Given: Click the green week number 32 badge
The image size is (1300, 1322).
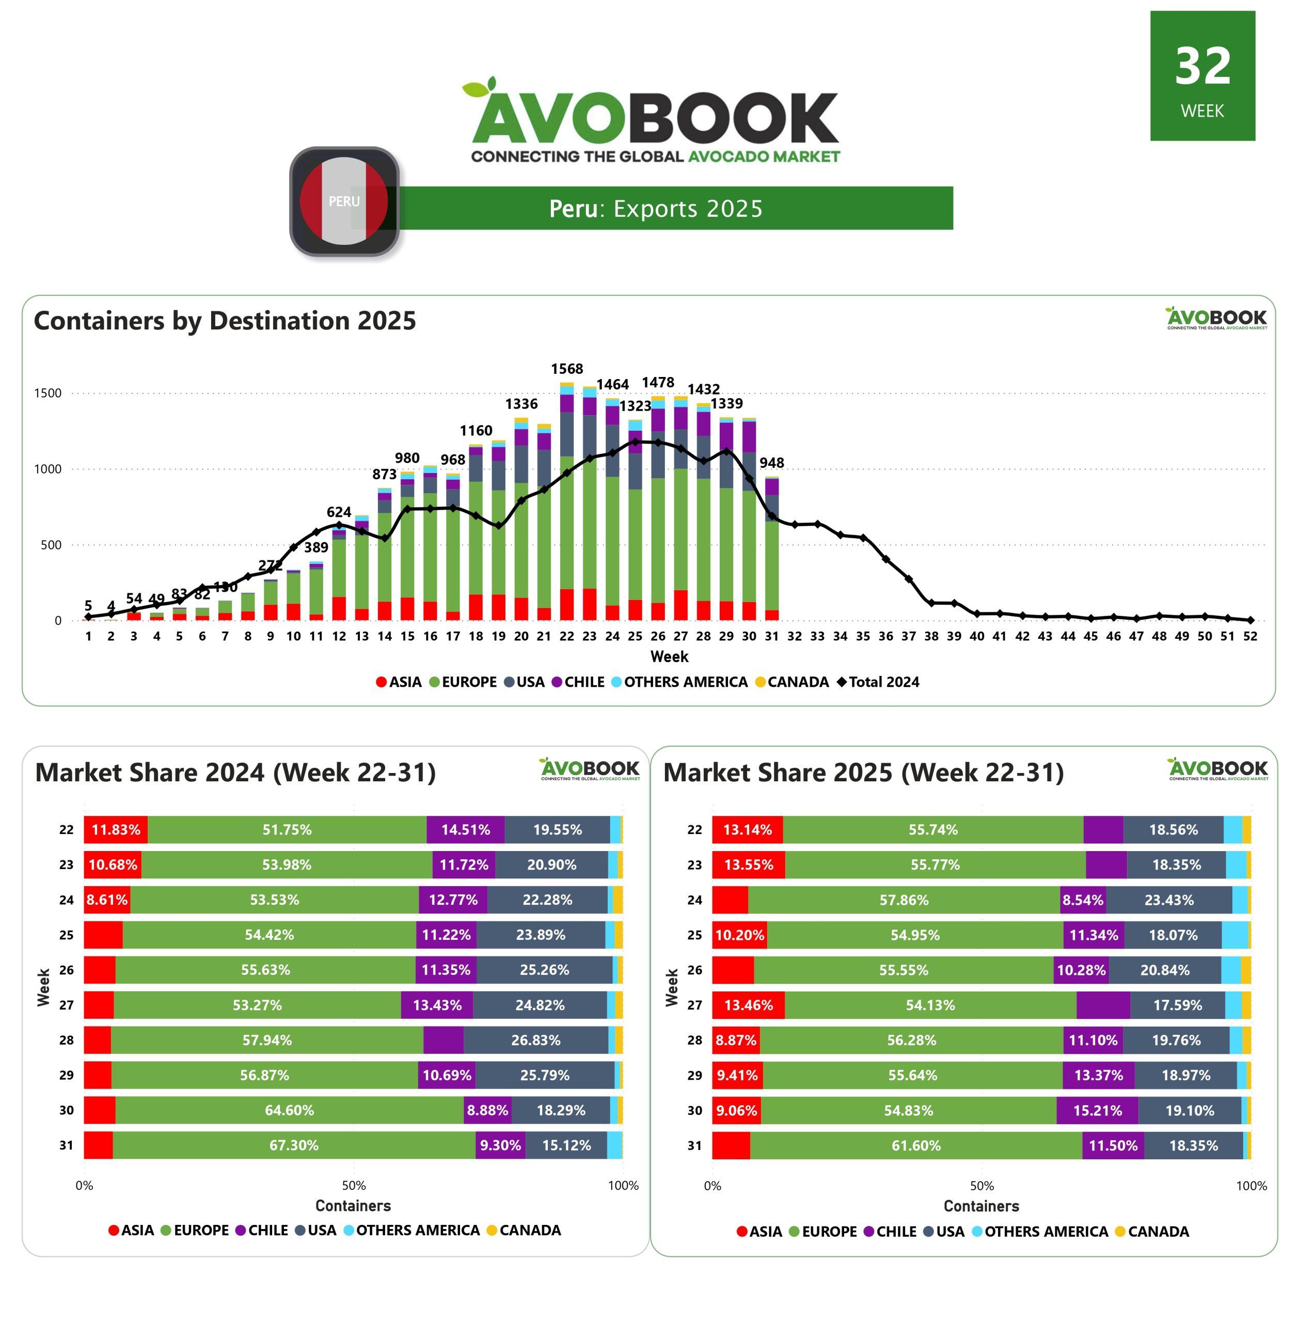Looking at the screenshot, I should (x=1202, y=76).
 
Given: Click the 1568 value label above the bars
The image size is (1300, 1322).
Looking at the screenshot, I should (x=567, y=369).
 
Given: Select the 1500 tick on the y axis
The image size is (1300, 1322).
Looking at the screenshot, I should (x=48, y=394).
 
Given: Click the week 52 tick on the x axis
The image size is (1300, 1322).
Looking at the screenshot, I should (x=1250, y=636).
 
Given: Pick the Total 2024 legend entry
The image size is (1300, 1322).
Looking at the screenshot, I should (x=878, y=682).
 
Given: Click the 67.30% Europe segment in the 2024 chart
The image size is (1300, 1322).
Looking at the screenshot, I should (x=294, y=1145).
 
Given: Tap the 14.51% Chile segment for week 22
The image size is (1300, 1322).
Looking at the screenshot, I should (x=465, y=830).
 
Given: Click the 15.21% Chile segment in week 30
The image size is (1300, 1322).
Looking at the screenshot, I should (x=1097, y=1110).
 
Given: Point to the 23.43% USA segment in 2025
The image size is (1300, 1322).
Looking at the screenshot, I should (x=1169, y=900).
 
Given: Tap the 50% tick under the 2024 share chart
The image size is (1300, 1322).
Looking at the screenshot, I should (x=354, y=1186).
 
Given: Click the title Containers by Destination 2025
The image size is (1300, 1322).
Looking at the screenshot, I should (x=225, y=321).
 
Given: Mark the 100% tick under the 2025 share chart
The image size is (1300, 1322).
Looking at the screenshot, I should (x=1251, y=1186).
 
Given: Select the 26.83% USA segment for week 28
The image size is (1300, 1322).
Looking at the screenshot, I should (x=535, y=1040).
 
